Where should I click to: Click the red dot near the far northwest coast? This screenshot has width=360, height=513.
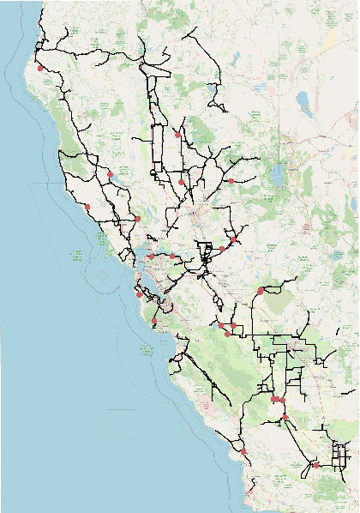pos(39,66)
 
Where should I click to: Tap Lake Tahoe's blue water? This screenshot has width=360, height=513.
pos(276,175)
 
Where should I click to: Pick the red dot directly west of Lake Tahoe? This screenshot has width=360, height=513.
pos(231,181)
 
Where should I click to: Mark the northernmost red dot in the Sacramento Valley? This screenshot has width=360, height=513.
pos(177,135)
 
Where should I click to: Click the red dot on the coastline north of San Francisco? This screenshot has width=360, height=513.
pos(87,207)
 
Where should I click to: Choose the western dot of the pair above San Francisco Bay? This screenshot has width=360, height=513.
pos(151,256)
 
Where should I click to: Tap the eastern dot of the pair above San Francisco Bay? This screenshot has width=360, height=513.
pos(172,256)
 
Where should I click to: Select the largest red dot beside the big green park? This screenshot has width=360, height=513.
pos(260,292)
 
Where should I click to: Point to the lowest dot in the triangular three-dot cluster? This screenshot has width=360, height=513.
pos(227,334)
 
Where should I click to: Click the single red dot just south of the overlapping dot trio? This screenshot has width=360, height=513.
pos(285,418)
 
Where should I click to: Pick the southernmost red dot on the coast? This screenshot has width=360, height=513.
pos(243,451)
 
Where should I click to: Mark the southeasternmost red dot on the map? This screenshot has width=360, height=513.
pos(315,465)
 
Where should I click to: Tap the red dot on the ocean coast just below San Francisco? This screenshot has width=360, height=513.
pos(138,294)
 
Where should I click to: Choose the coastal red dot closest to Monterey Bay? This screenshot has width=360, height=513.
pos(154,322)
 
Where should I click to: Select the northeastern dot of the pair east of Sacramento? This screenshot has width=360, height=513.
pos(231,240)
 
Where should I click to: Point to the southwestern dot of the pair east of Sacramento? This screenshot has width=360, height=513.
pos(222,249)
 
